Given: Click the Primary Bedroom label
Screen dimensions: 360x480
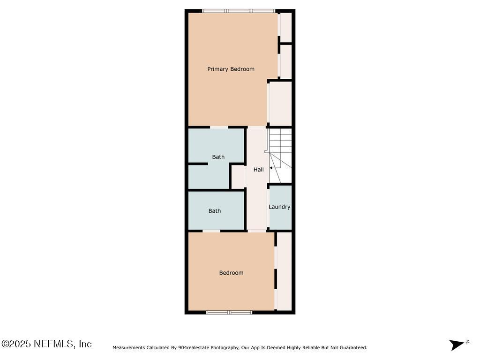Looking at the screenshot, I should pos(231,69).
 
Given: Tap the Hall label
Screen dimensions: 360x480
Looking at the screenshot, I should pos(258,170).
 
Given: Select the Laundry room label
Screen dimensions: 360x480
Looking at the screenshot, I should pos(279,207).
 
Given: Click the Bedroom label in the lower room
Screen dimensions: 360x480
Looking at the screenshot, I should pos(231,273).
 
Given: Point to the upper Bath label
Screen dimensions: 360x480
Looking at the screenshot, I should pos(218,157).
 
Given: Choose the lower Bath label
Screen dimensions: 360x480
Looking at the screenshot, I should pos(214,211).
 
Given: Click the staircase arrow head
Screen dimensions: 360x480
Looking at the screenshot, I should pos(271,167).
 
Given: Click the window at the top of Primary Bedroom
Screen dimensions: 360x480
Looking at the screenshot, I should pos(238,11).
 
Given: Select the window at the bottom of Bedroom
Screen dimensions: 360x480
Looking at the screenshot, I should pos(229,312).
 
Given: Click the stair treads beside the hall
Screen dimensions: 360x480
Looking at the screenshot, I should pos(280,141).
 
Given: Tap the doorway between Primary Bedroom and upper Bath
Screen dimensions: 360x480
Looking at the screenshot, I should pos(219,127).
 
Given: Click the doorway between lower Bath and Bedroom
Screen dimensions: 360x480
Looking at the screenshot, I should pos(211,231).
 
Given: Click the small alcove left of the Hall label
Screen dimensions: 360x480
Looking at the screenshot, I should pos(239,177).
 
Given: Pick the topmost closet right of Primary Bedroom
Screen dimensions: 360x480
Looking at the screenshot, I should pos(285,27).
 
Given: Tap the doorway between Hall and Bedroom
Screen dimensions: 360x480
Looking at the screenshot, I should pos(256,231).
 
